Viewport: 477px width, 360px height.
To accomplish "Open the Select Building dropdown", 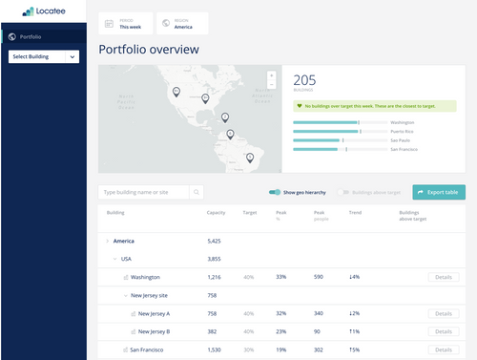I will [x=44, y=56].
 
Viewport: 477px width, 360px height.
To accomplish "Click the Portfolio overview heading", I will [x=149, y=50].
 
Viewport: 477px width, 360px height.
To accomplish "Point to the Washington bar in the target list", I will [x=326, y=122].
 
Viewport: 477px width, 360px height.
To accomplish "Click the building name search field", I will [x=144, y=192].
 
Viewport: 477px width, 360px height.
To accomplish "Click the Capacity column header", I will [x=216, y=212].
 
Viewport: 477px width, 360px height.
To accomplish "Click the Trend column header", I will [x=355, y=212].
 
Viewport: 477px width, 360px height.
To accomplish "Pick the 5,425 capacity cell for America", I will [x=214, y=241].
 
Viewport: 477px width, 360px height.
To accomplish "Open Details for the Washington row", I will [x=442, y=277].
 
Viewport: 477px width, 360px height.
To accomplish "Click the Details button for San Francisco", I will [x=442, y=350].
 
